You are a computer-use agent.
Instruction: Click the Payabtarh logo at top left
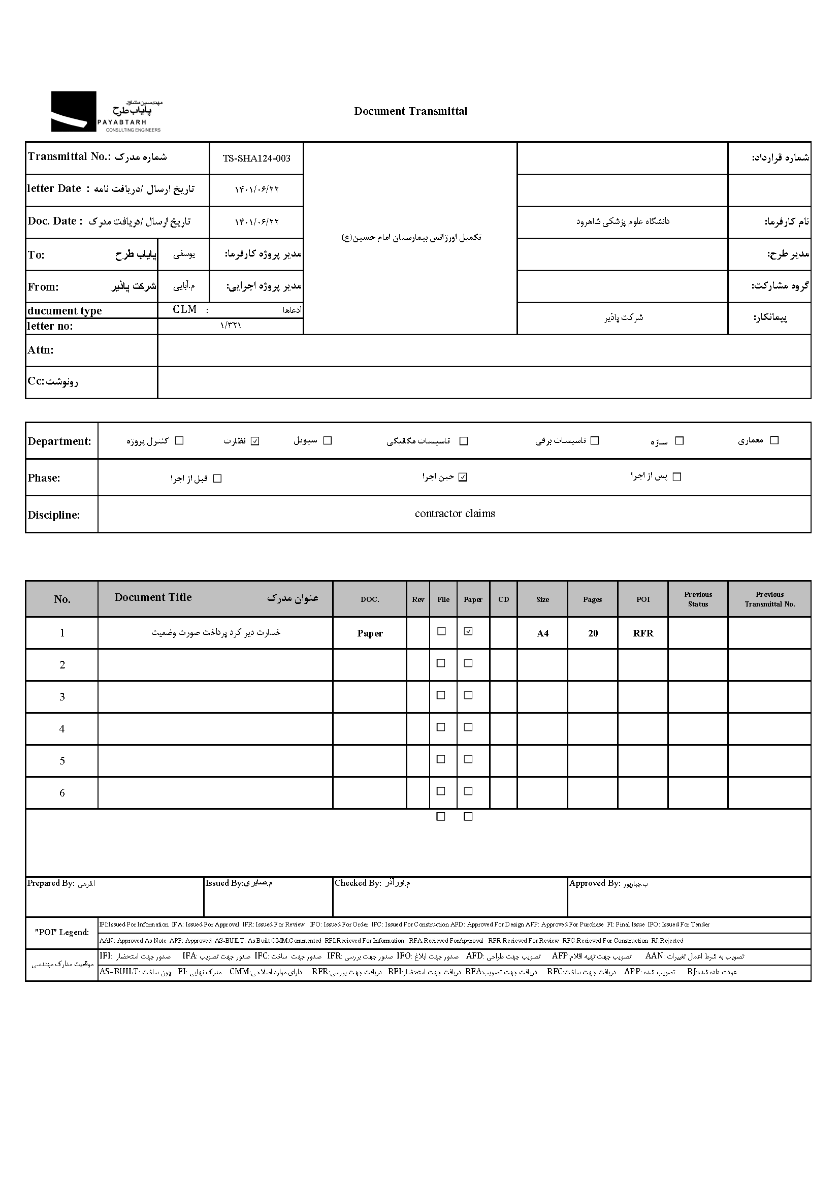[106, 112]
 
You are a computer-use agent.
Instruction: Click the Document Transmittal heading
[410, 111]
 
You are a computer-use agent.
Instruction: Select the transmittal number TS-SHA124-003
[256, 159]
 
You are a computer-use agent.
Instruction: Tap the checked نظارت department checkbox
[254, 441]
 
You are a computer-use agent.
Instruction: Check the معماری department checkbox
[774, 440]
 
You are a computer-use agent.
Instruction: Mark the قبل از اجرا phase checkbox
[217, 479]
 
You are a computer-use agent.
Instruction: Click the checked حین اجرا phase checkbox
[463, 477]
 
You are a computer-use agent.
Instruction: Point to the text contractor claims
[455, 514]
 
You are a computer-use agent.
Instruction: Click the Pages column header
[592, 599]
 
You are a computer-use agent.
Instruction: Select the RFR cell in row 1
[643, 633]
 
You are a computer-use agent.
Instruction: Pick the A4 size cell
[542, 633]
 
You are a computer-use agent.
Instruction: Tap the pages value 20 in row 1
[593, 633]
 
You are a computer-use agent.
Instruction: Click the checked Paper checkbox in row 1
[468, 631]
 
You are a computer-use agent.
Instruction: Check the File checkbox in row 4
[441, 727]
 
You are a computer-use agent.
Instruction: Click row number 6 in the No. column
[62, 793]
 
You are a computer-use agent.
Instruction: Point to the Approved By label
[594, 883]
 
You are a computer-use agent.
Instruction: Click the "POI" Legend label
[61, 932]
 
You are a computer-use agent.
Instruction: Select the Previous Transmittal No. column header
[769, 599]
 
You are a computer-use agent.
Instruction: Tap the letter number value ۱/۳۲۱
[230, 326]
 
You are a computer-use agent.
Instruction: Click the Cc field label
[52, 382]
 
